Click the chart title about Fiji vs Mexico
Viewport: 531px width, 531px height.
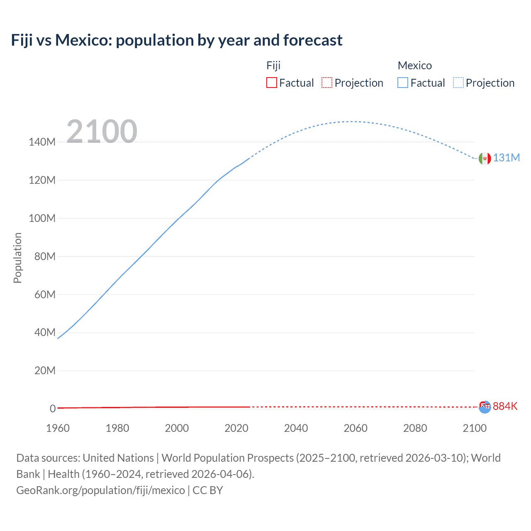177,40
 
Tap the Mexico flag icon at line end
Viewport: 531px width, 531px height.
485,158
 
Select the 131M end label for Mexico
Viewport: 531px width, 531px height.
506,158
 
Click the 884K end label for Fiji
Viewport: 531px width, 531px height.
505,406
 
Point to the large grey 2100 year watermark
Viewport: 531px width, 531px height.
102,131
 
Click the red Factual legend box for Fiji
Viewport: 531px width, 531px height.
271,83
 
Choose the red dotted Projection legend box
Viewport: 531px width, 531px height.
327,83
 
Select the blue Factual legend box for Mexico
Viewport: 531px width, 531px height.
403,83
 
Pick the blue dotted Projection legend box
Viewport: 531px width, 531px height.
458,83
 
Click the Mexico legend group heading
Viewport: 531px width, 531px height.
414,66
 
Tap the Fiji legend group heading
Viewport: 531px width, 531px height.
273,66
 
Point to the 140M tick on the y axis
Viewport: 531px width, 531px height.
42,142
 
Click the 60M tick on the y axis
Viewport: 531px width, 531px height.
44,295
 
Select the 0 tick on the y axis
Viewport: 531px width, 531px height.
53,409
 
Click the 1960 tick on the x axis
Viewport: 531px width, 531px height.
58,428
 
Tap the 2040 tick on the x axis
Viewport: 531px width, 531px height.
296,428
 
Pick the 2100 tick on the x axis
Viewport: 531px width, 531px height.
475,428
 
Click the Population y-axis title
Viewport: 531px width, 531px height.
17,258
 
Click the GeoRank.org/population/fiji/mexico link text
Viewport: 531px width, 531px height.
100,490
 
